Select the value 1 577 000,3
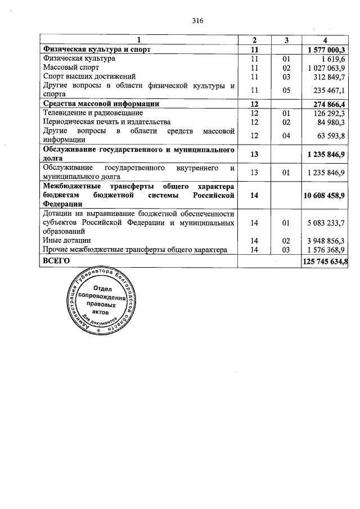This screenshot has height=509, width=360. [x=326, y=49]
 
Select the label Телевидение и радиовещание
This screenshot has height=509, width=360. [x=89, y=112]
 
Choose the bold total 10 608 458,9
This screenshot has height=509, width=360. [x=325, y=195]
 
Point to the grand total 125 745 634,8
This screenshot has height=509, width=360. [x=326, y=261]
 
